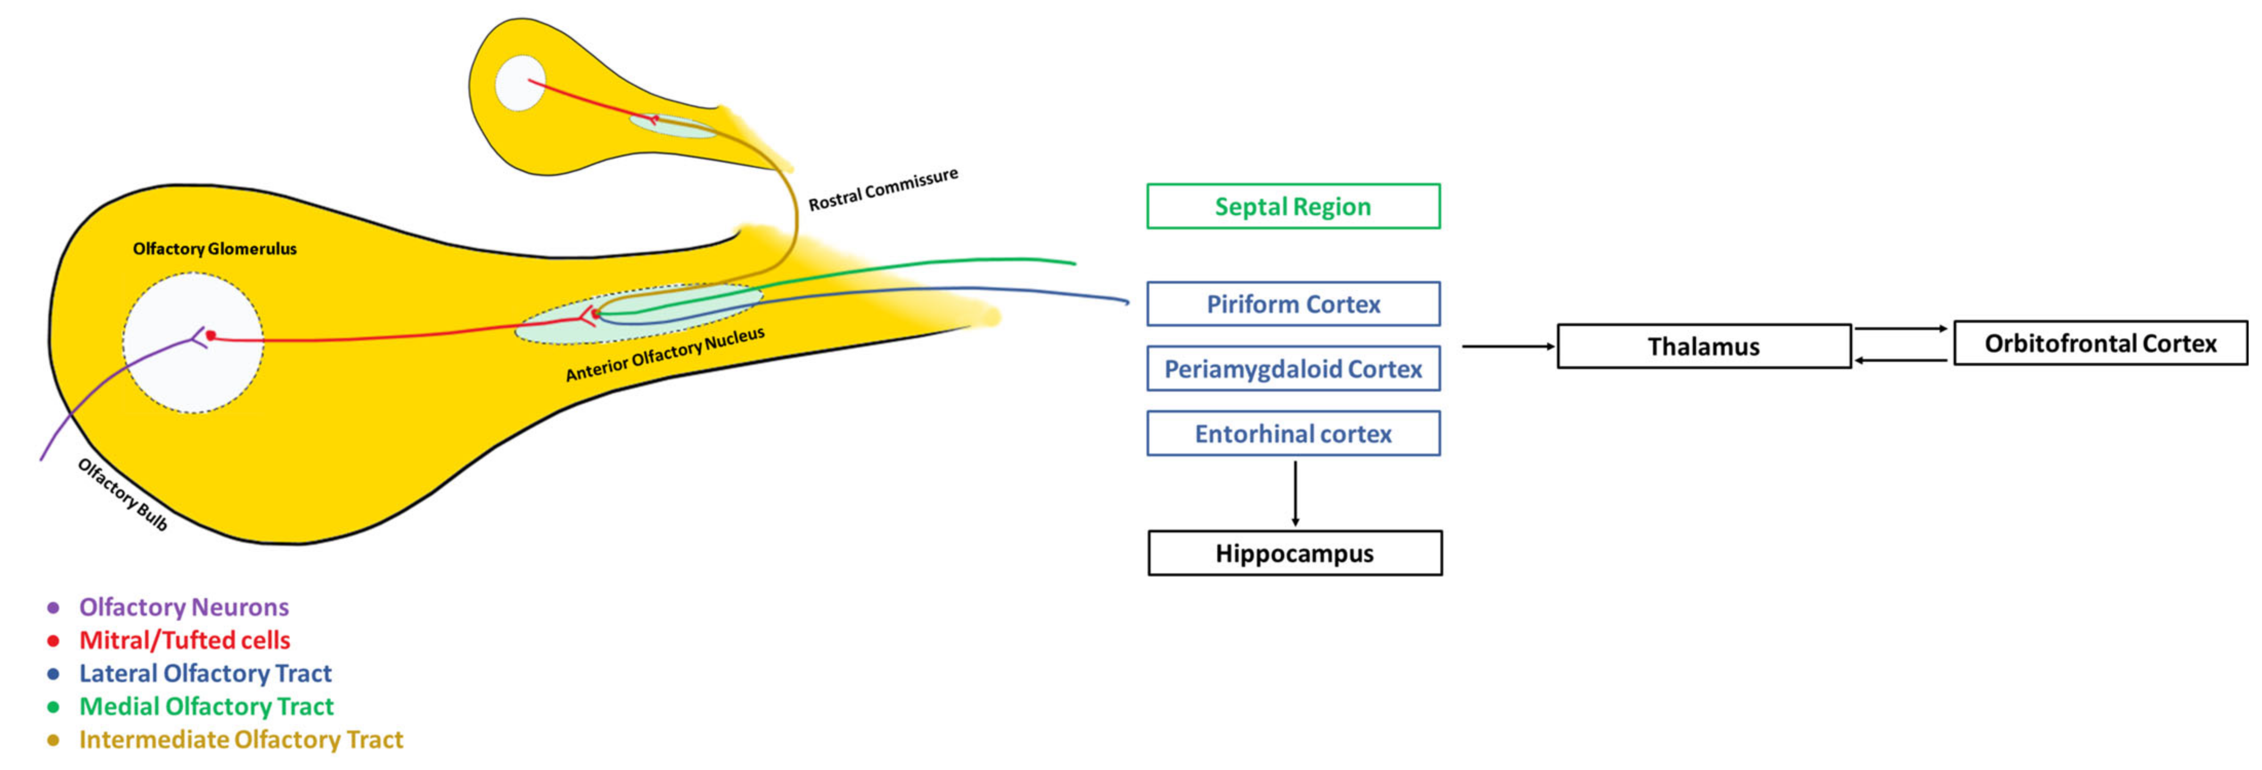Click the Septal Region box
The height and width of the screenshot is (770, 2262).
pos(1293,206)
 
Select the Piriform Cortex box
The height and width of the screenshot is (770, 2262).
pos(1293,304)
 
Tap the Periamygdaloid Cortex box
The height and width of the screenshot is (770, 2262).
pos(1293,369)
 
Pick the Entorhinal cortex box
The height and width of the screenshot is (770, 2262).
pos(1293,434)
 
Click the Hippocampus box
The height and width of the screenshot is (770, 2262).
pos(1294,553)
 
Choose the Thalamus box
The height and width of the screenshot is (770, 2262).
pos(1704,346)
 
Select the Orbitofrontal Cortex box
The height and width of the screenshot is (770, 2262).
pos(2100,342)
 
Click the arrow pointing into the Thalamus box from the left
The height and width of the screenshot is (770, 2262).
pos(1509,346)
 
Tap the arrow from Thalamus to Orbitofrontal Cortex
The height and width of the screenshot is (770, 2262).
pos(1901,329)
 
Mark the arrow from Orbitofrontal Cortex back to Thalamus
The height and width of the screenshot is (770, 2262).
pos(1901,360)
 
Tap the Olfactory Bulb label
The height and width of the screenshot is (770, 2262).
pos(122,494)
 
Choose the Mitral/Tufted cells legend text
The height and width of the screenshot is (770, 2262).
pos(184,640)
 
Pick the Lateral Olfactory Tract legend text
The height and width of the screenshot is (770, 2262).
pos(205,673)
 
